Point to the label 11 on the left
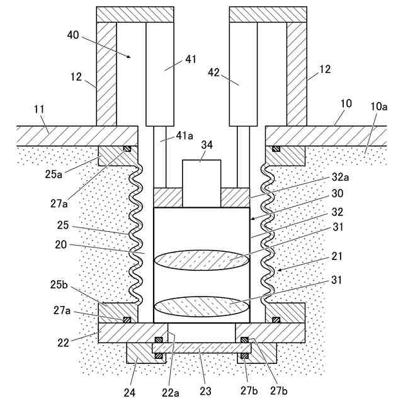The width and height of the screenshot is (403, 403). pyautogui.click(x=39, y=110)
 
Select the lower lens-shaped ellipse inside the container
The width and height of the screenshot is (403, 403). pyautogui.click(x=201, y=306)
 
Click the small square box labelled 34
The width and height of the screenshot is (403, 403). pyautogui.click(x=201, y=183)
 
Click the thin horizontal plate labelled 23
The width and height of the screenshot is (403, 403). pyautogui.click(x=201, y=348)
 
